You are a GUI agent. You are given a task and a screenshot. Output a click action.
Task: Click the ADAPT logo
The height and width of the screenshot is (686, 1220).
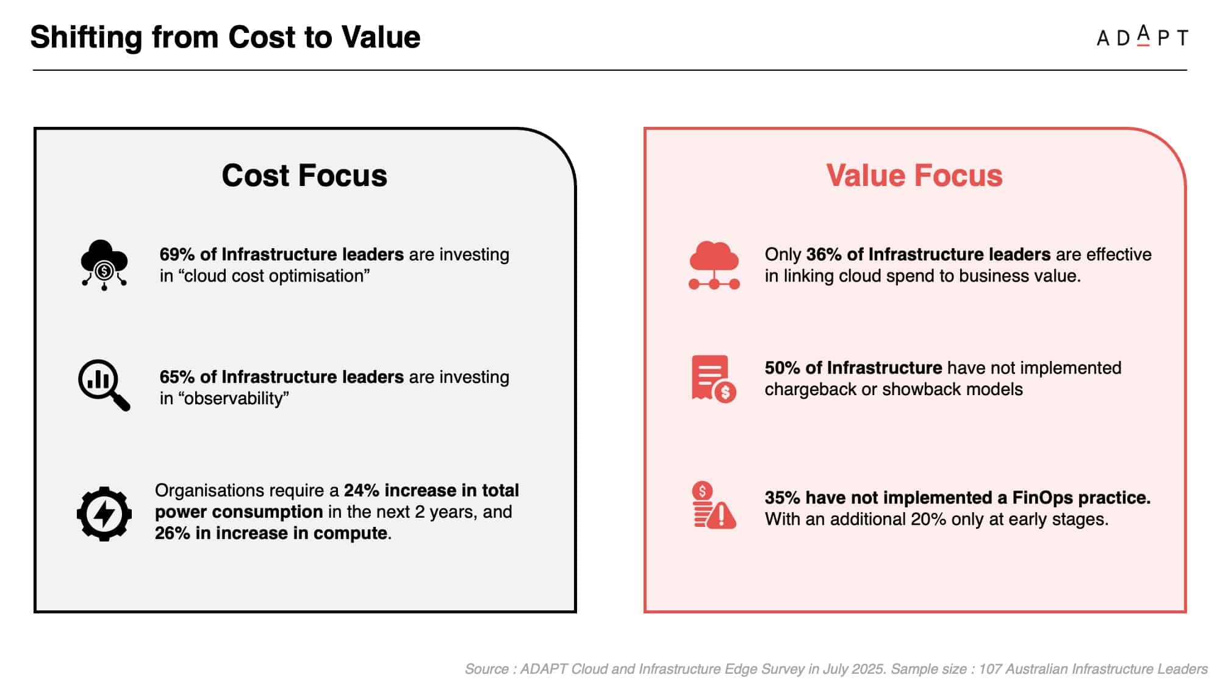click(x=1142, y=37)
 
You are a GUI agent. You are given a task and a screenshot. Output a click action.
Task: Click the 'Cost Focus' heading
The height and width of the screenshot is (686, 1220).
click(x=304, y=176)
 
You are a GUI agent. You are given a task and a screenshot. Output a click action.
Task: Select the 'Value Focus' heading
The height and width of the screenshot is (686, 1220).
click(x=914, y=176)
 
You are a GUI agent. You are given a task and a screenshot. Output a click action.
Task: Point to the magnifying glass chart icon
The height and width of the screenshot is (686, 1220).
click(x=104, y=385)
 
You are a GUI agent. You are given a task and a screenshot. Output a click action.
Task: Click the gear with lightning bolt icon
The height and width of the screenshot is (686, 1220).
click(x=104, y=513)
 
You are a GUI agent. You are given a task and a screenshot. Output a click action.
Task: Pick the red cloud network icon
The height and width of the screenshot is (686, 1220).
click(x=714, y=265)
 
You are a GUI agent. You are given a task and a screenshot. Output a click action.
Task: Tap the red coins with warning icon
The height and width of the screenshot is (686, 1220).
click(x=714, y=505)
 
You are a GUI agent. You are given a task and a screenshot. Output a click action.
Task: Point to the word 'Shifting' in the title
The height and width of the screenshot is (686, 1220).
click(x=86, y=38)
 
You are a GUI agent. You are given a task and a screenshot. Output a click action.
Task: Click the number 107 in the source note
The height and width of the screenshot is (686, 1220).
click(x=990, y=669)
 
